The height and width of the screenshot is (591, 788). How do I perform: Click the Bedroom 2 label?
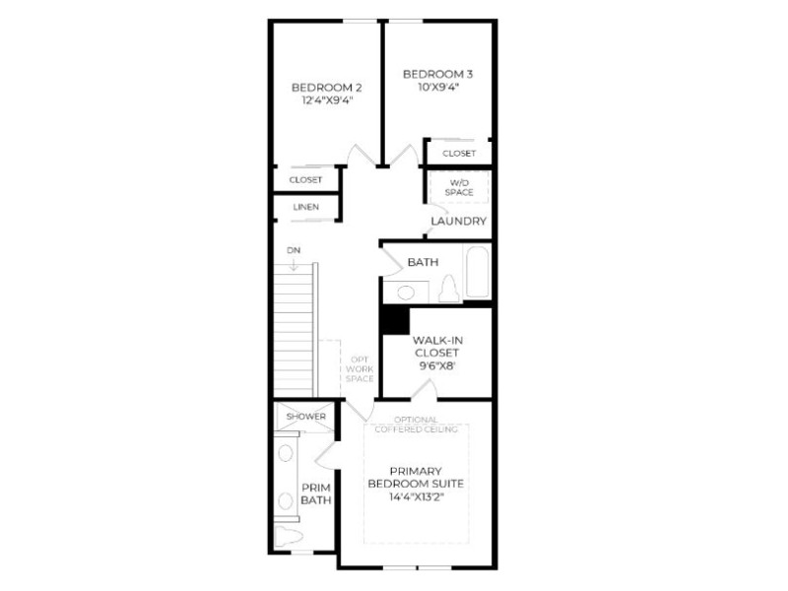pyautogui.click(x=327, y=88)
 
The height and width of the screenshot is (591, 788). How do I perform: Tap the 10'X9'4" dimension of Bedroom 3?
pyautogui.click(x=438, y=87)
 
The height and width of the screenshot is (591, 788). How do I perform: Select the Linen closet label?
pyautogui.click(x=306, y=207)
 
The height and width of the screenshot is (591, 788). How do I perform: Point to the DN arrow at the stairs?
pyautogui.click(x=294, y=264)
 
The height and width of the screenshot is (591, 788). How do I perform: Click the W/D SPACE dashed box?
pyautogui.click(x=459, y=187)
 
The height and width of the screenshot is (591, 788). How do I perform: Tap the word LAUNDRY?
pyautogui.click(x=459, y=221)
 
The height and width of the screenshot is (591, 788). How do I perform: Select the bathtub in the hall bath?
pyautogui.click(x=477, y=272)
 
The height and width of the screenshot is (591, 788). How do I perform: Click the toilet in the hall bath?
pyautogui.click(x=448, y=289)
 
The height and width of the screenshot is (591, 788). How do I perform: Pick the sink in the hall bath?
pyautogui.click(x=406, y=293)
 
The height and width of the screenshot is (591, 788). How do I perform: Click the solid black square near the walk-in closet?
pyautogui.click(x=396, y=320)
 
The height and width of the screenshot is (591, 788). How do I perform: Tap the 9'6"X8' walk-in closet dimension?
pyautogui.click(x=436, y=365)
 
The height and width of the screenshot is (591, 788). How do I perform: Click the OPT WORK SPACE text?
pyautogui.click(x=360, y=368)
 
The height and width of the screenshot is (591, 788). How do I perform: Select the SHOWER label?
pyautogui.click(x=306, y=417)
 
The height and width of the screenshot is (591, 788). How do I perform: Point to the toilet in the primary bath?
pyautogui.click(x=289, y=537)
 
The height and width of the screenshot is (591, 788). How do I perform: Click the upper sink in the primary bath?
pyautogui.click(x=286, y=453)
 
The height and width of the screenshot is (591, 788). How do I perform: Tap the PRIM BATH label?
pyautogui.click(x=316, y=494)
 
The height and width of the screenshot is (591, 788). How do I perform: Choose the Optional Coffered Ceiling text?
pyautogui.click(x=416, y=425)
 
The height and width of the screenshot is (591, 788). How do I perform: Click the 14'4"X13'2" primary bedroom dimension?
pyautogui.click(x=417, y=497)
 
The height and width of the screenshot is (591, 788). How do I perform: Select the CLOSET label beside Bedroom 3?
pyautogui.click(x=459, y=154)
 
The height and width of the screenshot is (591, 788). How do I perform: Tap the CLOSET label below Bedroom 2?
pyautogui.click(x=305, y=180)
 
